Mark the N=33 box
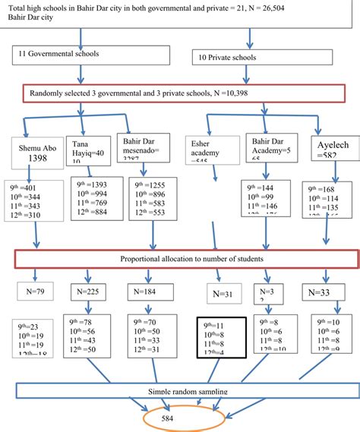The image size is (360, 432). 323,291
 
